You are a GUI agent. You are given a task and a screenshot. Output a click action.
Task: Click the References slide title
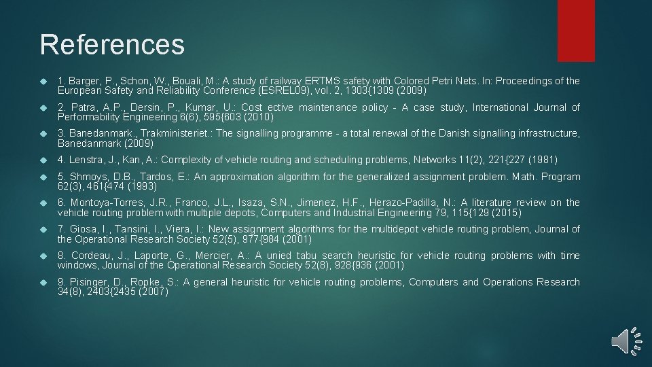tap(112, 45)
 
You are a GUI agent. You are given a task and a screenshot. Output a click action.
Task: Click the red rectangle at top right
tap(576, 30)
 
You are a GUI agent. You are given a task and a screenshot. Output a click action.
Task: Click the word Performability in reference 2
tap(90, 117)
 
